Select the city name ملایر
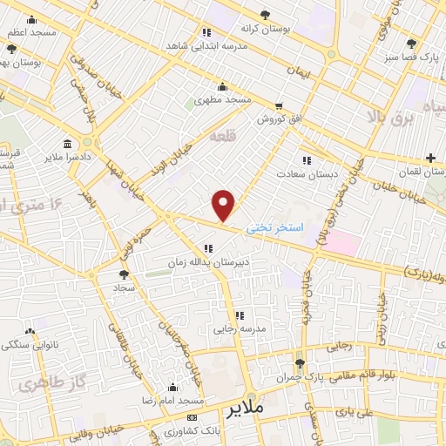pyautogui.click(x=243, y=408)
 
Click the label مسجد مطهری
pyautogui.click(x=223, y=100)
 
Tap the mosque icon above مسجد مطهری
pyautogui.click(x=223, y=86)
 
